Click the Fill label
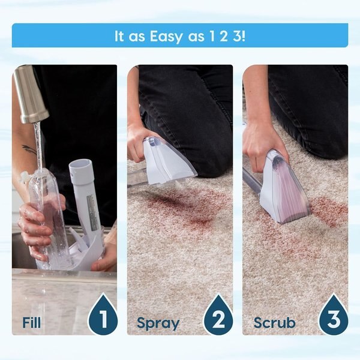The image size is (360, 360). pyautogui.click(x=32, y=322)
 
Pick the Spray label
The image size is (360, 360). pyautogui.click(x=158, y=323)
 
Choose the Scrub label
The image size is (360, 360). pyautogui.click(x=274, y=323)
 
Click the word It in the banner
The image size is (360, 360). pyautogui.click(x=120, y=35)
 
